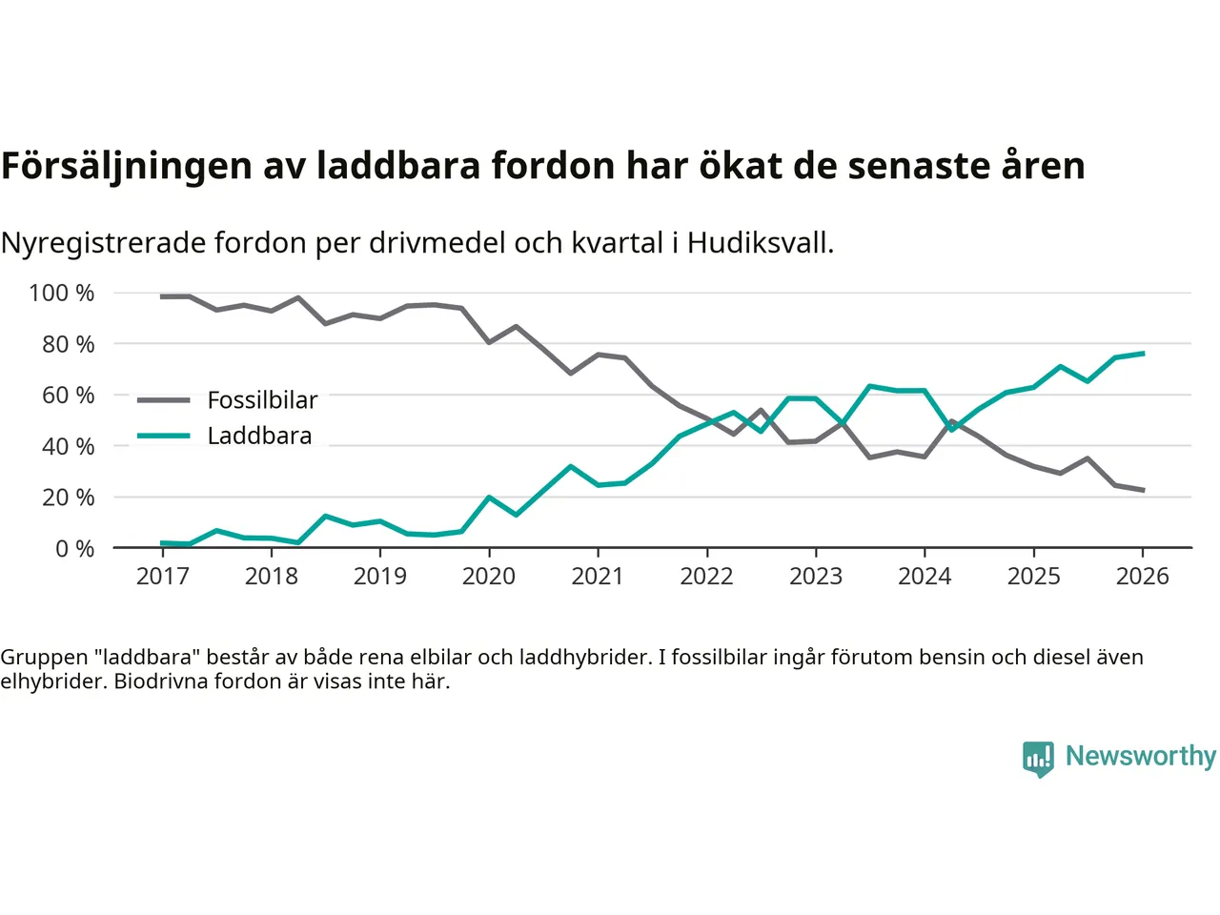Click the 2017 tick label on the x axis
pyautogui.click(x=163, y=576)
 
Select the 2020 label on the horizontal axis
pyautogui.click(x=489, y=576)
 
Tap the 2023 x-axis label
pyautogui.click(x=816, y=576)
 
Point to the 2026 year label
pyautogui.click(x=1143, y=576)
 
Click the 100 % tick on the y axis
pyautogui.click(x=62, y=293)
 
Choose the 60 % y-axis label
pyautogui.click(x=68, y=395)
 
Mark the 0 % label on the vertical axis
pyautogui.click(x=74, y=548)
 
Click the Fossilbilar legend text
pyautogui.click(x=262, y=400)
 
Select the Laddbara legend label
pyautogui.click(x=259, y=436)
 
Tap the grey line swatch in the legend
pyautogui.click(x=163, y=400)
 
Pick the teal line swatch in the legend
pyautogui.click(x=163, y=436)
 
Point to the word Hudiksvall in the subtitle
pyautogui.click(x=760, y=243)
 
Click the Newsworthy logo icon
pyautogui.click(x=1038, y=758)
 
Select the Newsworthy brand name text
pyautogui.click(x=1140, y=756)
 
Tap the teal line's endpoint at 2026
pyautogui.click(x=1143, y=354)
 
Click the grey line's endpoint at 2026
pyautogui.click(x=1143, y=490)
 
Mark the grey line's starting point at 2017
pyautogui.click(x=163, y=296)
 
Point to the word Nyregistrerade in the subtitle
pyautogui.click(x=103, y=243)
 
